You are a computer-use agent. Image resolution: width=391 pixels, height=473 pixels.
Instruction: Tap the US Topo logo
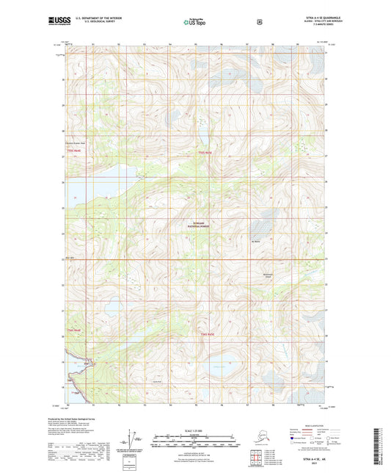coord(194,23)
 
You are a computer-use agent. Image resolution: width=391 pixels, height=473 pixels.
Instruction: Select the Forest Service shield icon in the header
coord(259,22)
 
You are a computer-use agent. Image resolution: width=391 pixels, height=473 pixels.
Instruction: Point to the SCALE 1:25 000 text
coord(195,429)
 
